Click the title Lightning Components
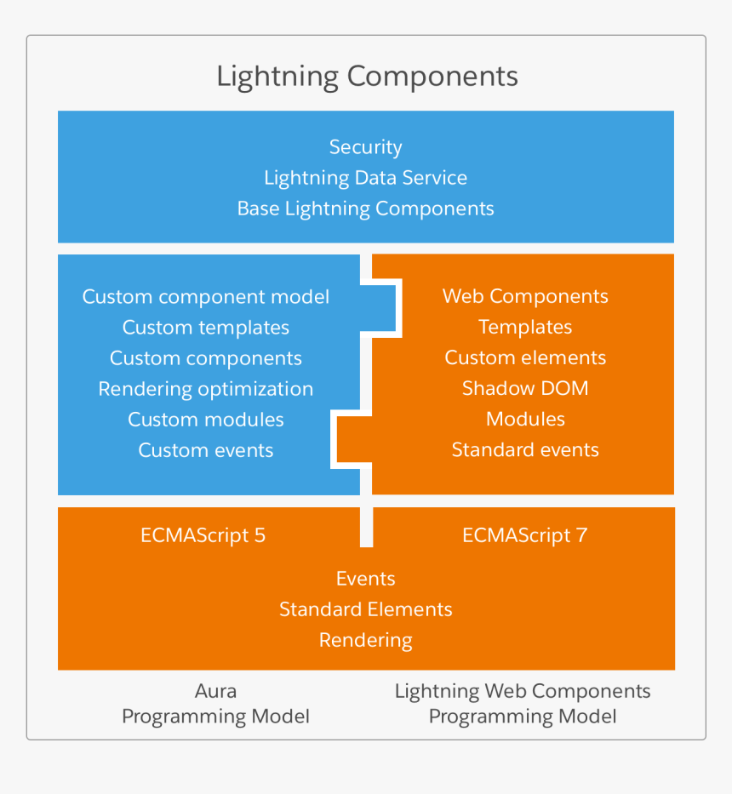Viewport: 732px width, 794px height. pyautogui.click(x=367, y=77)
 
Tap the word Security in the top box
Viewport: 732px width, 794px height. pyautogui.click(x=365, y=147)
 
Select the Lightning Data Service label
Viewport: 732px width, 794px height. pyautogui.click(x=365, y=178)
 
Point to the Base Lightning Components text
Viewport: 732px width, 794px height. pyautogui.click(x=365, y=208)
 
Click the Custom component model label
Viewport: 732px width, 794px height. pyautogui.click(x=205, y=297)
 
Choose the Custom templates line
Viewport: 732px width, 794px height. pyautogui.click(x=205, y=328)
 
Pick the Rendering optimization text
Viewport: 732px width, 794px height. pyautogui.click(x=205, y=389)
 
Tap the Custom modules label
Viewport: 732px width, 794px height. pyautogui.click(x=205, y=420)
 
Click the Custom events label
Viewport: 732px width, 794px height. pyautogui.click(x=205, y=450)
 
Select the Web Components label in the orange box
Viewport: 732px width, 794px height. pyautogui.click(x=525, y=297)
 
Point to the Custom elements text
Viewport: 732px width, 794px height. pyautogui.click(x=525, y=358)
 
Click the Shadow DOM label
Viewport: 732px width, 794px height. pyautogui.click(x=525, y=389)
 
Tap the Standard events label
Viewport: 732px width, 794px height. pyautogui.click(x=525, y=450)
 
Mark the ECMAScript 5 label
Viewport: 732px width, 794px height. pyautogui.click(x=203, y=535)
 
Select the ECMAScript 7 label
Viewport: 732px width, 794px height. pyautogui.click(x=524, y=535)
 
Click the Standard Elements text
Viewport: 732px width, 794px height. pyautogui.click(x=365, y=610)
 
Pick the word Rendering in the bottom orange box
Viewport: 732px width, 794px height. pyautogui.click(x=365, y=641)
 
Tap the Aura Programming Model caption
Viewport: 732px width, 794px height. pyautogui.click(x=215, y=704)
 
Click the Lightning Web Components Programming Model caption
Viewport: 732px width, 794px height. pyautogui.click(x=523, y=704)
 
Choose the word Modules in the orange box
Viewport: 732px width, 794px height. pyautogui.click(x=525, y=420)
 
